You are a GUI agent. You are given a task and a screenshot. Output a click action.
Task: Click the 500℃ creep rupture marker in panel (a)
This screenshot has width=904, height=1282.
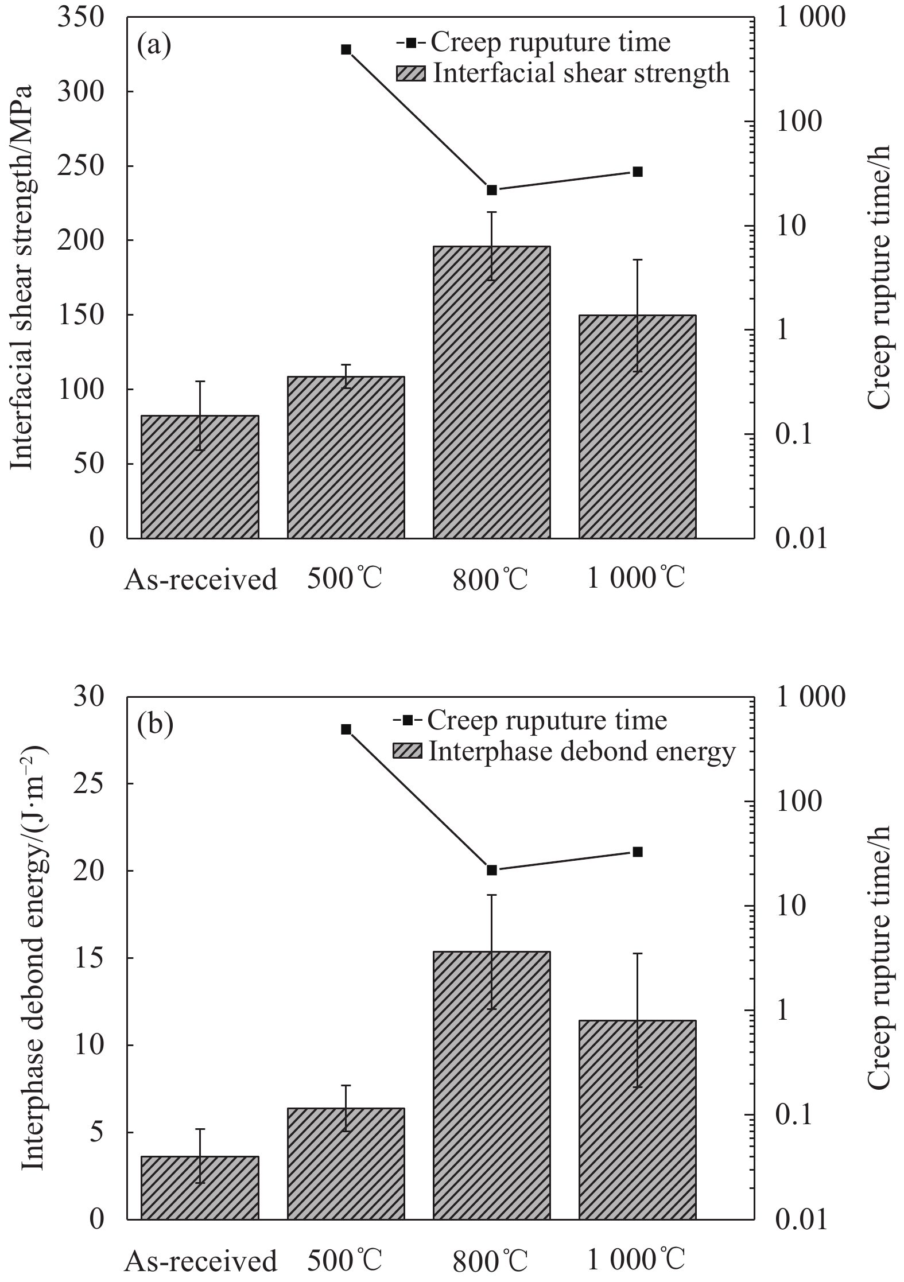[346, 49]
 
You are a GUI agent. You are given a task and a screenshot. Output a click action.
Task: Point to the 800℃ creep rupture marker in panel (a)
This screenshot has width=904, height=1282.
[491, 190]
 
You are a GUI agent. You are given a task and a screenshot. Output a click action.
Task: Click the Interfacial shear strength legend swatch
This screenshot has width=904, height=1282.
[411, 73]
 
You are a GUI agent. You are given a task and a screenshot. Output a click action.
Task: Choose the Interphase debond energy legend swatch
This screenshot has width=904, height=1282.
[407, 751]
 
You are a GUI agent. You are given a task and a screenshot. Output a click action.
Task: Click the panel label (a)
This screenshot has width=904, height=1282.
[154, 45]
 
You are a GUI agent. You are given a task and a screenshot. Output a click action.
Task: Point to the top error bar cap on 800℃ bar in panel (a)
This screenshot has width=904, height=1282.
[491, 212]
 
